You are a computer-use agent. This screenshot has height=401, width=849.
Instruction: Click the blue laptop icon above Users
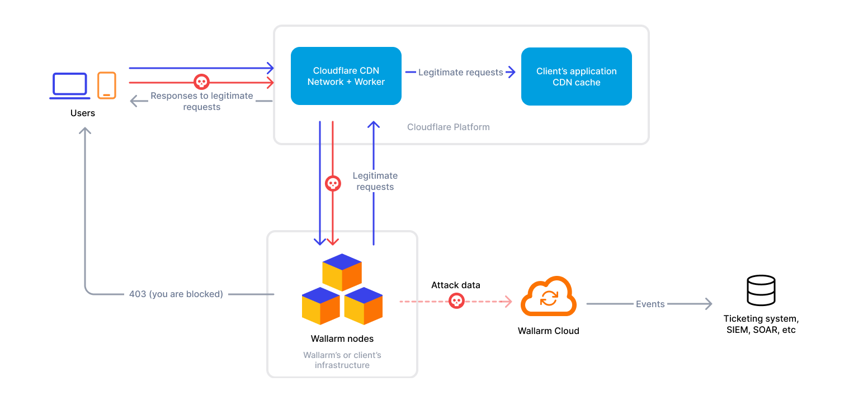click(x=70, y=85)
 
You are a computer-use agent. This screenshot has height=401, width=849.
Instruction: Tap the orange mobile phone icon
click(x=106, y=85)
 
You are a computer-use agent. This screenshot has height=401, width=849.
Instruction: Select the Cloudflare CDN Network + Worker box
click(x=346, y=76)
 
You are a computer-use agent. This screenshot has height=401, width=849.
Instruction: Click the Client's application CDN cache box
click(x=576, y=77)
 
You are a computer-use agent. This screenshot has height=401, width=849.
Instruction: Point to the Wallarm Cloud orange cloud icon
click(x=548, y=298)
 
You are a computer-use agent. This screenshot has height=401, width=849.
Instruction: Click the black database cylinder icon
click(x=761, y=290)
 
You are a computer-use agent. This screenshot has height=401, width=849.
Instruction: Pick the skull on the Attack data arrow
click(x=456, y=302)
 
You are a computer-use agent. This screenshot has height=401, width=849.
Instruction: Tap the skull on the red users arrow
click(x=201, y=82)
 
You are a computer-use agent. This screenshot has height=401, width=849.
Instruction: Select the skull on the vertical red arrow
click(x=333, y=183)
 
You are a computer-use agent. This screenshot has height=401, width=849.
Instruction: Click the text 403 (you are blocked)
click(x=176, y=294)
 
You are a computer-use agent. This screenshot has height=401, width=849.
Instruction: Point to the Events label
click(x=650, y=304)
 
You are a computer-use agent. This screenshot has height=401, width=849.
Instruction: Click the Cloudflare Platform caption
click(x=448, y=127)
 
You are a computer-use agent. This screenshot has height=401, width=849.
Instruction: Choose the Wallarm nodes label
click(x=342, y=338)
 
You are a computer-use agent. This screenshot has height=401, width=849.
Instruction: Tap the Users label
click(x=83, y=113)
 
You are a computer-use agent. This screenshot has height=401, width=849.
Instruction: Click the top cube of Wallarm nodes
click(x=342, y=271)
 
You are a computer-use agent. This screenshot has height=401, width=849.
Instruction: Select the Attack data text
click(x=455, y=285)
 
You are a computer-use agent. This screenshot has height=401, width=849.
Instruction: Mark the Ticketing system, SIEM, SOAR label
click(x=761, y=324)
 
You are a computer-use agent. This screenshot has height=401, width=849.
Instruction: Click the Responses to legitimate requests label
click(x=201, y=101)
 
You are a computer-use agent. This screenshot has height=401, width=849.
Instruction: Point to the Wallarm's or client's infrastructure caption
click(x=342, y=360)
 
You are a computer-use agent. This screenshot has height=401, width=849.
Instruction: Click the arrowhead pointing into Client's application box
click(x=511, y=71)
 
